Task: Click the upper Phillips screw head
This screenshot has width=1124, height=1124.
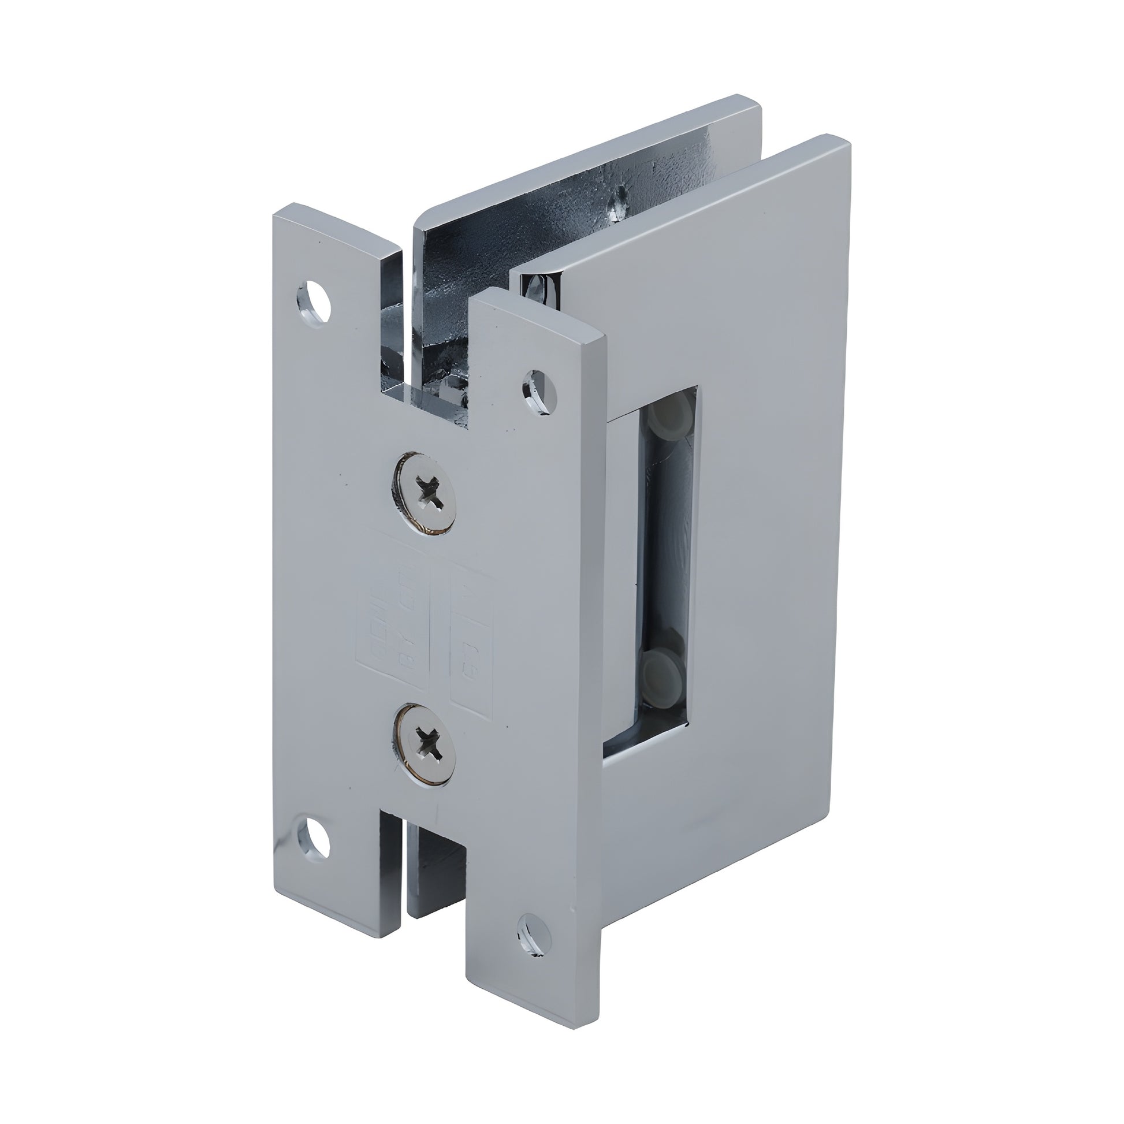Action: click(425, 492)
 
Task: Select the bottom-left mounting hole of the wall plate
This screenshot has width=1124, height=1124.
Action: click(314, 853)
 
